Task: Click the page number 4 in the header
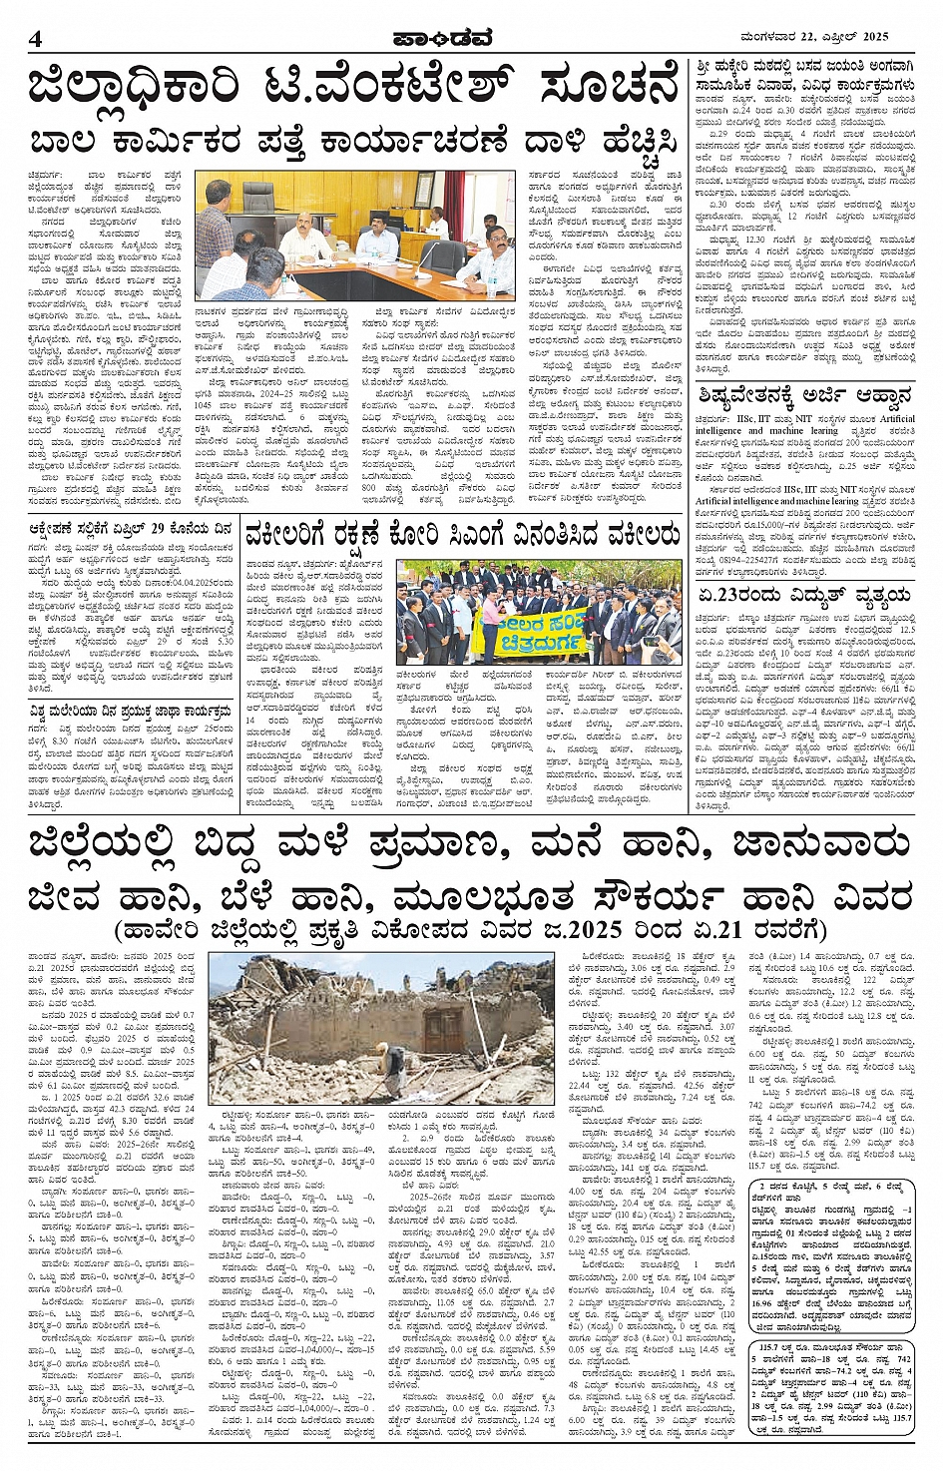(34, 39)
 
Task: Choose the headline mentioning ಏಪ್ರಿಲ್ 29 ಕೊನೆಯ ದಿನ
(131, 530)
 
